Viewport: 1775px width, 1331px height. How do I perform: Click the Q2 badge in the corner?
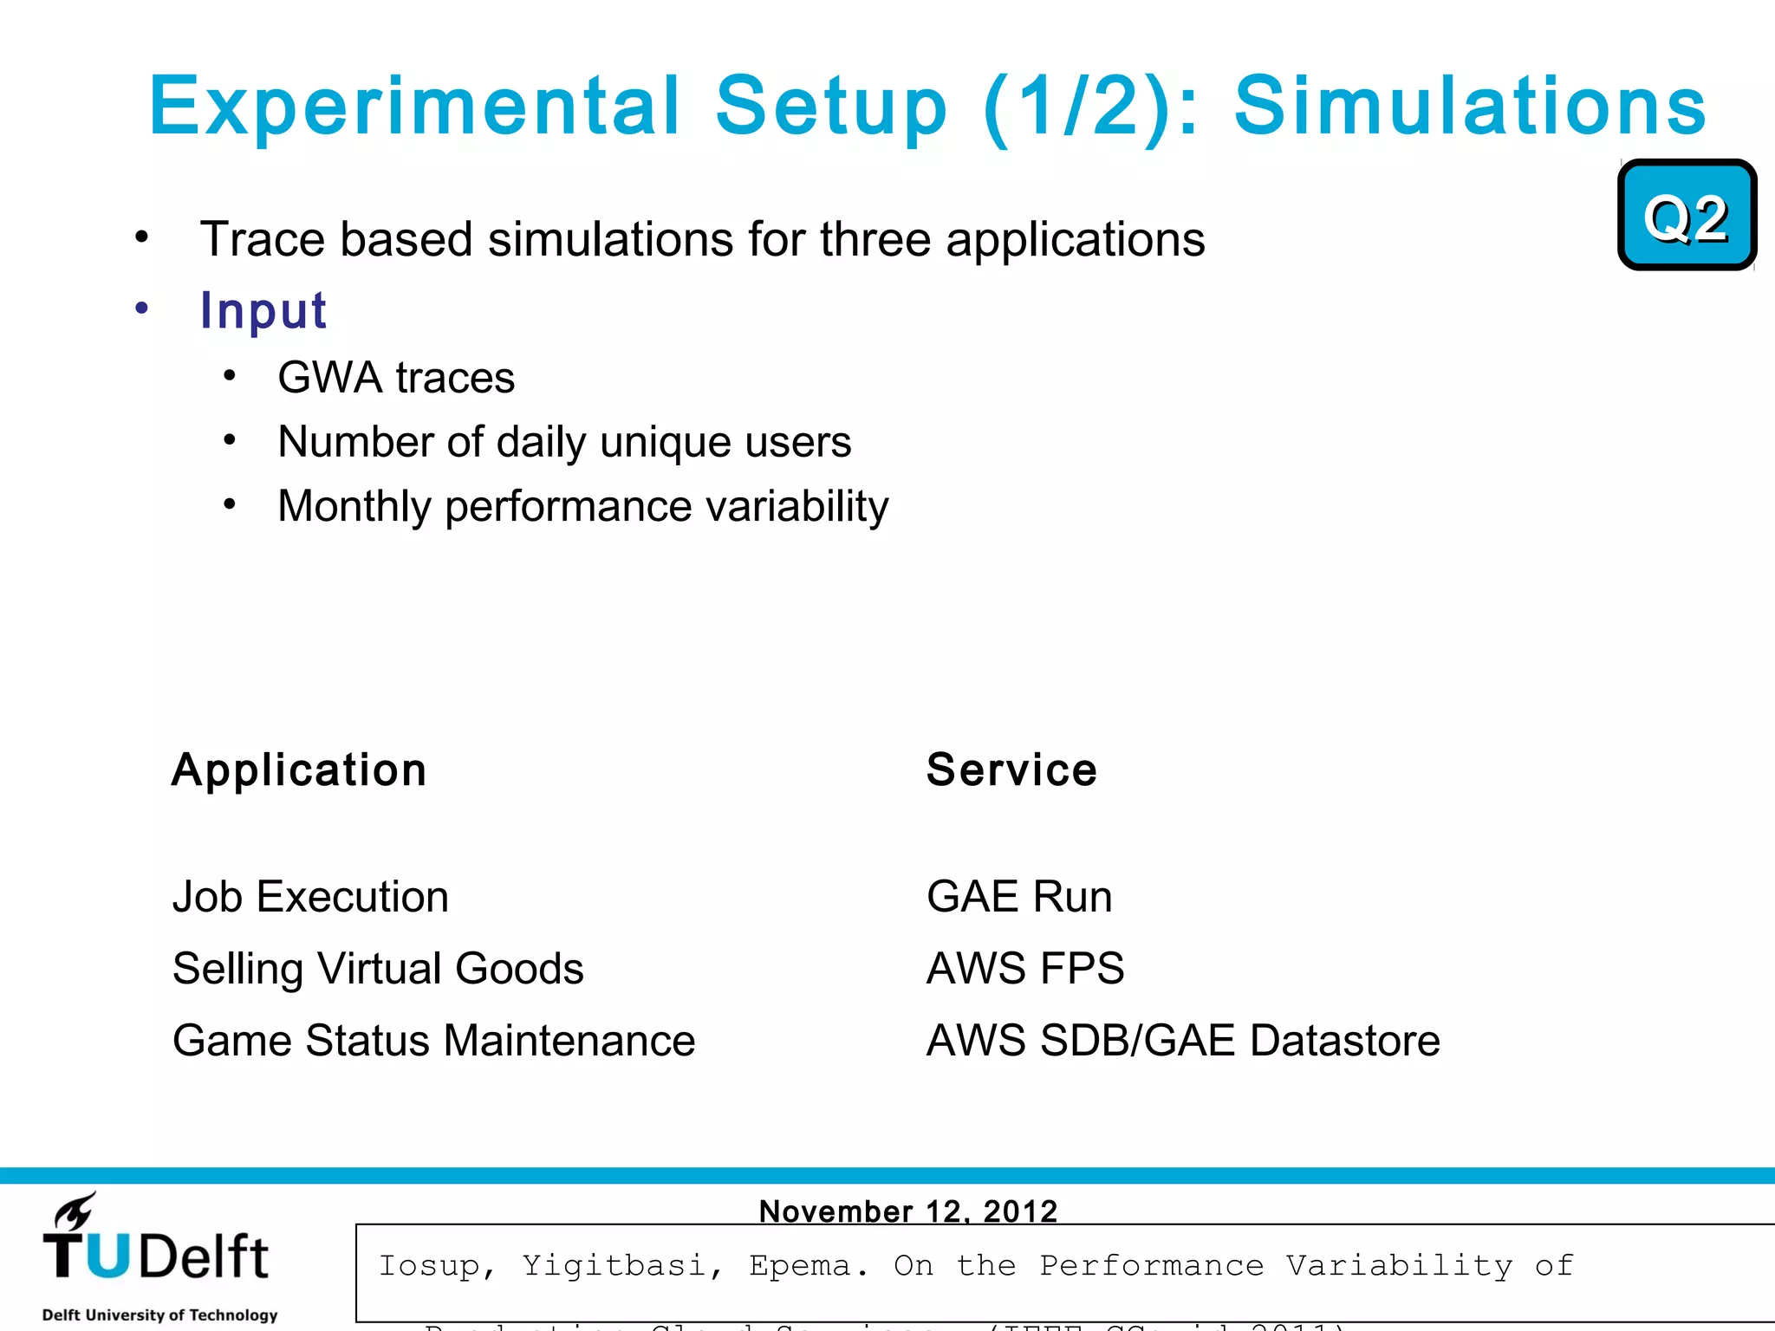[x=1687, y=216]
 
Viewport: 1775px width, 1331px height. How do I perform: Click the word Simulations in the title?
[x=1470, y=107]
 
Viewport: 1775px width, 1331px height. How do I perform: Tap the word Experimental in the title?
[x=414, y=107]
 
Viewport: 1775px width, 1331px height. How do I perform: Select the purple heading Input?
[x=263, y=310]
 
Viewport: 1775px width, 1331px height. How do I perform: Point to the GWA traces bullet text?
[x=396, y=378]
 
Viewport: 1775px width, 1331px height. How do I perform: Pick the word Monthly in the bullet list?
[x=354, y=506]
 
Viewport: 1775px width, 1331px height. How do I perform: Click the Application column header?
[x=299, y=769]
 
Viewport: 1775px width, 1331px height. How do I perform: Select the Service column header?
[x=1011, y=769]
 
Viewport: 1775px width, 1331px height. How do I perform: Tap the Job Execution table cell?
[x=310, y=896]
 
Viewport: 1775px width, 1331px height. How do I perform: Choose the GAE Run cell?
[x=1019, y=896]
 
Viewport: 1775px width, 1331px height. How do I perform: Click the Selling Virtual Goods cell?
[x=378, y=968]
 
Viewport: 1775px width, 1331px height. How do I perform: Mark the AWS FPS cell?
[x=1025, y=968]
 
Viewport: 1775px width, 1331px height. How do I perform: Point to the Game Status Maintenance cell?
[x=433, y=1040]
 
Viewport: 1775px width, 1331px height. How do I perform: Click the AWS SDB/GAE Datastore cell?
[x=1183, y=1040]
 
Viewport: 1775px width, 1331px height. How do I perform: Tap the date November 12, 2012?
[x=908, y=1211]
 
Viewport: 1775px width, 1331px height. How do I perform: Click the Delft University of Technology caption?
[x=160, y=1315]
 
